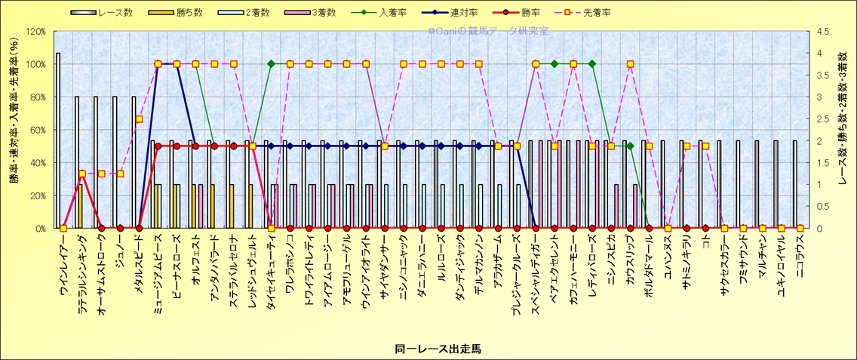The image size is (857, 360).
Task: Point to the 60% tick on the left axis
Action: coord(37,130)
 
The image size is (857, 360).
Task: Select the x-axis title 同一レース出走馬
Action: coord(427,348)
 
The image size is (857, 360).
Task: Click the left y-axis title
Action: coord(14,130)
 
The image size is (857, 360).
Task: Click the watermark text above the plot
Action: coord(487,31)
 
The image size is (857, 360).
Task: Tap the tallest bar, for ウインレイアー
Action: coord(58,140)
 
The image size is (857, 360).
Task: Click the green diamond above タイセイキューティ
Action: coord(271,64)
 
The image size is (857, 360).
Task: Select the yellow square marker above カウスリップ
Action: coord(630,64)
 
